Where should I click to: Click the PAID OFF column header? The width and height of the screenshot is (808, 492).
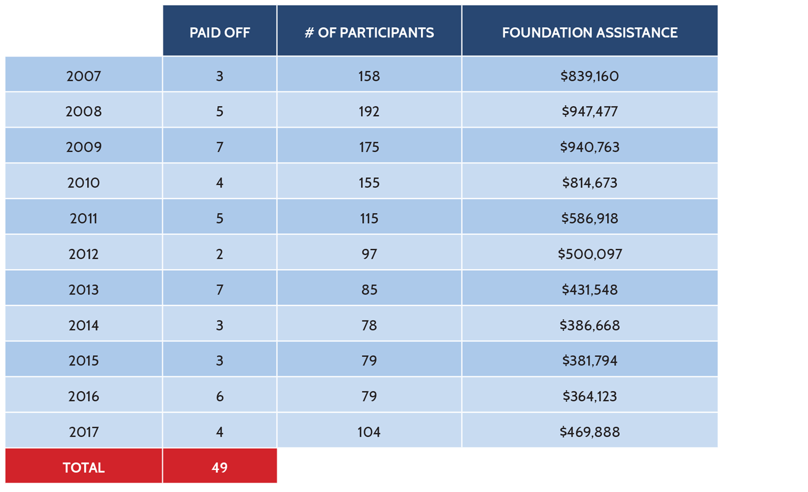pyautogui.click(x=219, y=32)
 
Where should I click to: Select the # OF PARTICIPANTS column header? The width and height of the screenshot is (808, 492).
pyautogui.click(x=369, y=32)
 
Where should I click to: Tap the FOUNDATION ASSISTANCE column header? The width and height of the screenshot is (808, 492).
pyautogui.click(x=590, y=32)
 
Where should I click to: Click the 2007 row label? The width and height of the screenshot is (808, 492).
pyautogui.click(x=84, y=76)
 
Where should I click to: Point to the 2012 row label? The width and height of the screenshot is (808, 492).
pyautogui.click(x=84, y=254)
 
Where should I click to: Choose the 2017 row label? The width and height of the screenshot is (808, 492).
pyautogui.click(x=84, y=432)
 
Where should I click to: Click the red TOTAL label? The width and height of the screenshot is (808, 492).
pyautogui.click(x=84, y=468)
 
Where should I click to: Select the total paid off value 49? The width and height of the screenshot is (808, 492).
pyautogui.click(x=219, y=468)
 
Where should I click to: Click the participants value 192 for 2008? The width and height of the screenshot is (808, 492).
pyautogui.click(x=369, y=111)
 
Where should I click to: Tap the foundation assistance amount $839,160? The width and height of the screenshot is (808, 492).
pyautogui.click(x=590, y=76)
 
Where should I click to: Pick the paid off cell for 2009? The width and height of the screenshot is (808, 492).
pyautogui.click(x=219, y=147)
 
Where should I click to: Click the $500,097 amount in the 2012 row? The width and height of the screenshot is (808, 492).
pyautogui.click(x=590, y=254)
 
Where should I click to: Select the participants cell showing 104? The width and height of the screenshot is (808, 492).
pyautogui.click(x=369, y=432)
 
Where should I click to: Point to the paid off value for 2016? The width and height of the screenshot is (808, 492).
pyautogui.click(x=219, y=397)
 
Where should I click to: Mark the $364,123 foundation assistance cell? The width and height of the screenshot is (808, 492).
pyautogui.click(x=590, y=397)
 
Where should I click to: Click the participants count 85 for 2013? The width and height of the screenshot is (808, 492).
pyautogui.click(x=369, y=290)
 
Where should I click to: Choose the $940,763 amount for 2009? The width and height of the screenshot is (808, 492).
pyautogui.click(x=590, y=147)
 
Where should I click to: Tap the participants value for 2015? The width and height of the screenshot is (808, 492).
pyautogui.click(x=369, y=361)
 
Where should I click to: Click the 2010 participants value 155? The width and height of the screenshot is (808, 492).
pyautogui.click(x=369, y=183)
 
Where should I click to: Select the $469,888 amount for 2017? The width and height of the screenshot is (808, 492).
pyautogui.click(x=590, y=432)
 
